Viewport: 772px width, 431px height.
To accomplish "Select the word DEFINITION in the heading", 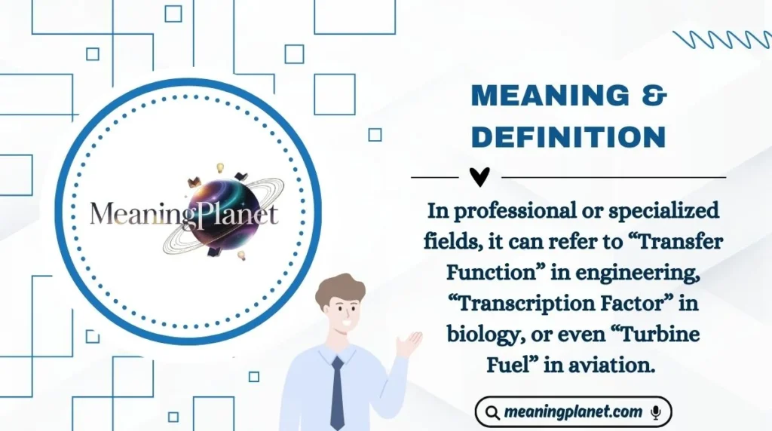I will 568,137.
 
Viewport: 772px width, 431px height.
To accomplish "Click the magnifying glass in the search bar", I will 492,413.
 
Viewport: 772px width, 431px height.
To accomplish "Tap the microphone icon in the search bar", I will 656,412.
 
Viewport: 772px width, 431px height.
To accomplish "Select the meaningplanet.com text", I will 573,412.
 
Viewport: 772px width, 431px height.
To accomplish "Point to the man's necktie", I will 337,392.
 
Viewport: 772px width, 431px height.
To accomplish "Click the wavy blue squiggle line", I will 722,39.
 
